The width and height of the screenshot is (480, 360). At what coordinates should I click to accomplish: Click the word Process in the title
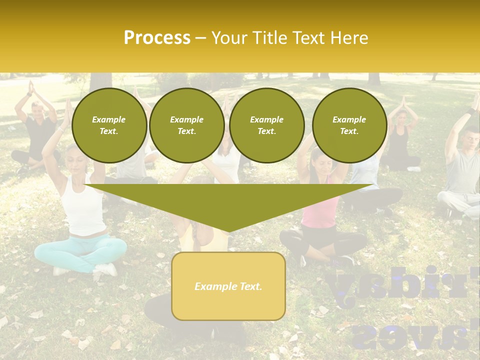coord(157,38)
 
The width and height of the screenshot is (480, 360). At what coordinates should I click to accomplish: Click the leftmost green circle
coord(109,125)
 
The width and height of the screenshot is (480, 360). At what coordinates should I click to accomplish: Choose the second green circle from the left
coord(186,125)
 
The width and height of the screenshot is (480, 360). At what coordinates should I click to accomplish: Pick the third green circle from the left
coord(266,125)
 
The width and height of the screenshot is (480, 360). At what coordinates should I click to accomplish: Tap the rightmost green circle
coord(349,125)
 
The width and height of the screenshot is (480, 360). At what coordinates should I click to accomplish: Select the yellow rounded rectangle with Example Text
coord(228,286)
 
